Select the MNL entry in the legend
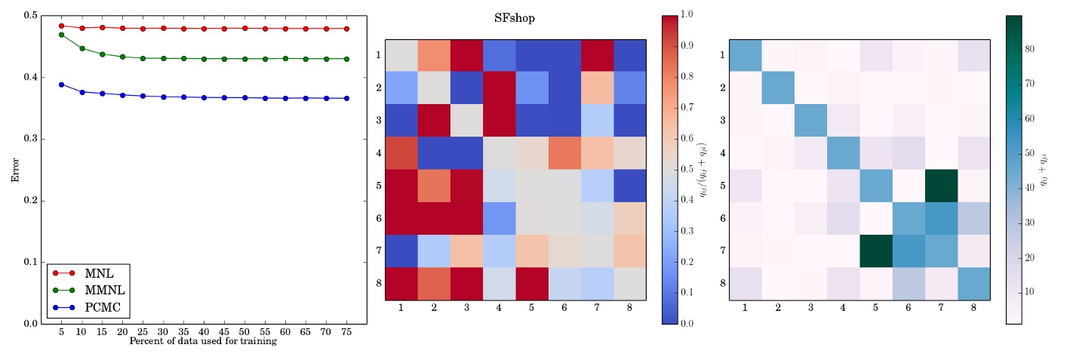pos(99,273)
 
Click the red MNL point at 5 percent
pos(61,26)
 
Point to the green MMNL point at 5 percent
pos(61,35)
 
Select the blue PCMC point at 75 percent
pos(346,98)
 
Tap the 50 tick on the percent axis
pos(244,332)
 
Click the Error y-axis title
pos(14,169)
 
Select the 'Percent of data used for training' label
pos(203,341)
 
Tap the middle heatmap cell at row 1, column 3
pos(466,55)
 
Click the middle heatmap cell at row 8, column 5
pos(531,284)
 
